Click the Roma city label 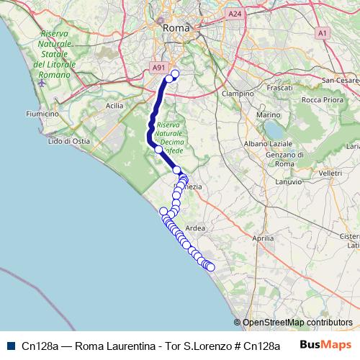click(175, 27)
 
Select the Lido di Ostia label click(68, 141)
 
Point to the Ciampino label click(238, 94)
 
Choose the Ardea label click(195, 228)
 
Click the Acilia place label click(114, 105)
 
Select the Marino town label click(268, 115)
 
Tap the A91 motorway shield click(158, 67)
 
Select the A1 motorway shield click(322, 32)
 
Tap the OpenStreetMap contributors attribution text click(297, 323)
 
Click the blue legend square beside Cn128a click(10, 345)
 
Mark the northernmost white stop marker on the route click(174, 73)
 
